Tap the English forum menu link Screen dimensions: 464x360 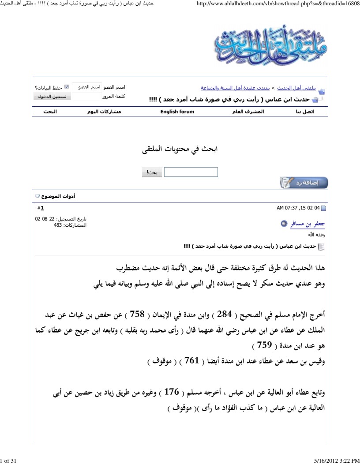(177, 112)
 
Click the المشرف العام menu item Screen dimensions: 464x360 (248, 112)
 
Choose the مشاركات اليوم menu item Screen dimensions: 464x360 (104, 112)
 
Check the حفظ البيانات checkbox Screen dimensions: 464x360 (67, 87)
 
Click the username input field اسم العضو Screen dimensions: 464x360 (86, 87)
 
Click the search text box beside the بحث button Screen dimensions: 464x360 (191, 172)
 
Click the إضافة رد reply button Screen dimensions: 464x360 (304, 182)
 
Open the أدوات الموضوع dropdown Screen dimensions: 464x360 (55, 195)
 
